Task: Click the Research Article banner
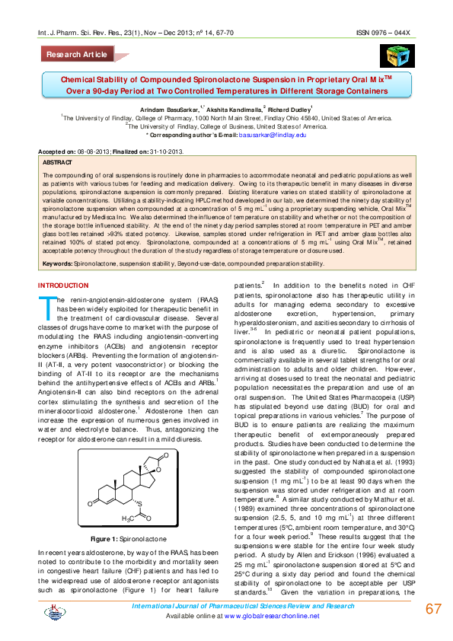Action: pyautogui.click(x=76, y=55)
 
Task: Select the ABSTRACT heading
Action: pyautogui.click(x=59, y=163)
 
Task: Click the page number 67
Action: pyautogui.click(x=433, y=609)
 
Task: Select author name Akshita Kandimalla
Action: pyautogui.click(x=236, y=110)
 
